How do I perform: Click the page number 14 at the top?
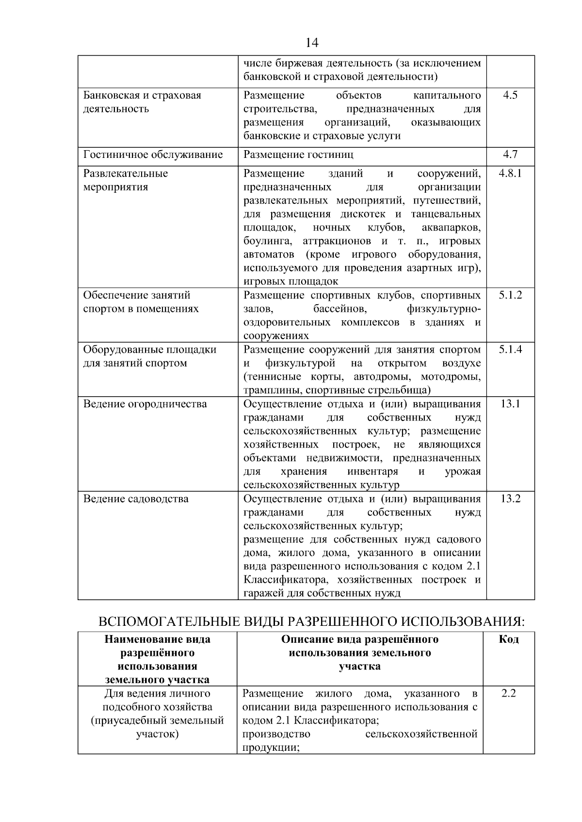312,43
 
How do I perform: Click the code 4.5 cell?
510,95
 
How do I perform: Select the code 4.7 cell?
510,155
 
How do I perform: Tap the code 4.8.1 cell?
510,173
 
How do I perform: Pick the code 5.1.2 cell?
510,295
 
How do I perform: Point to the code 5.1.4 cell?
510,350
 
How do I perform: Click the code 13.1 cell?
510,404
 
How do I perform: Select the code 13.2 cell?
510,499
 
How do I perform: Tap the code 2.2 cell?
508,694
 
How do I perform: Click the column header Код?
508,639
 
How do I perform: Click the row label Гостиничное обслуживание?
153,155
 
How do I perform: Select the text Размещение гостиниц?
298,155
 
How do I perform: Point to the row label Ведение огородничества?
145,404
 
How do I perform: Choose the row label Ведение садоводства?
136,499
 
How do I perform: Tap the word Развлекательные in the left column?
126,173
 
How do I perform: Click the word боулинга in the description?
267,241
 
